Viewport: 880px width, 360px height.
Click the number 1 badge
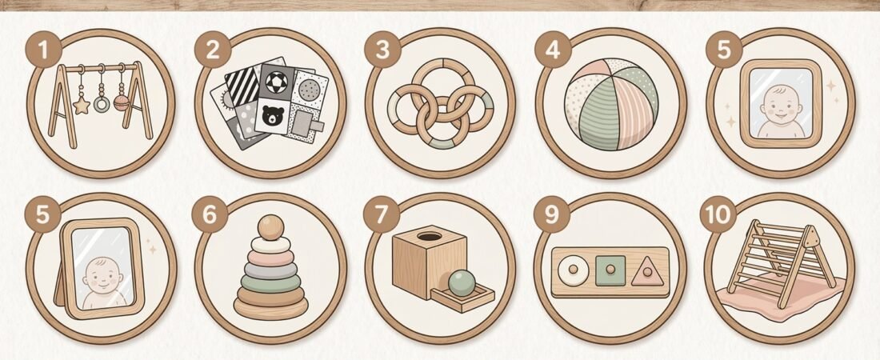coord(43,50)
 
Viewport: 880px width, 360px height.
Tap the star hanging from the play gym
coord(81,105)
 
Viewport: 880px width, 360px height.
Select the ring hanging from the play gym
coord(102,103)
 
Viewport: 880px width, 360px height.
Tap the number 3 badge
coord(382,50)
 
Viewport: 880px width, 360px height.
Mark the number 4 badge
coord(553,50)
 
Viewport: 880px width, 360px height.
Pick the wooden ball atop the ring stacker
coord(270,226)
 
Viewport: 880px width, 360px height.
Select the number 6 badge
coord(210,215)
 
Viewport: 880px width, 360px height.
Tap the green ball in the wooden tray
coord(461,285)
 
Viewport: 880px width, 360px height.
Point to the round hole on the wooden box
coord(430,238)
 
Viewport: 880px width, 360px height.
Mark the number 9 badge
coord(551,216)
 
